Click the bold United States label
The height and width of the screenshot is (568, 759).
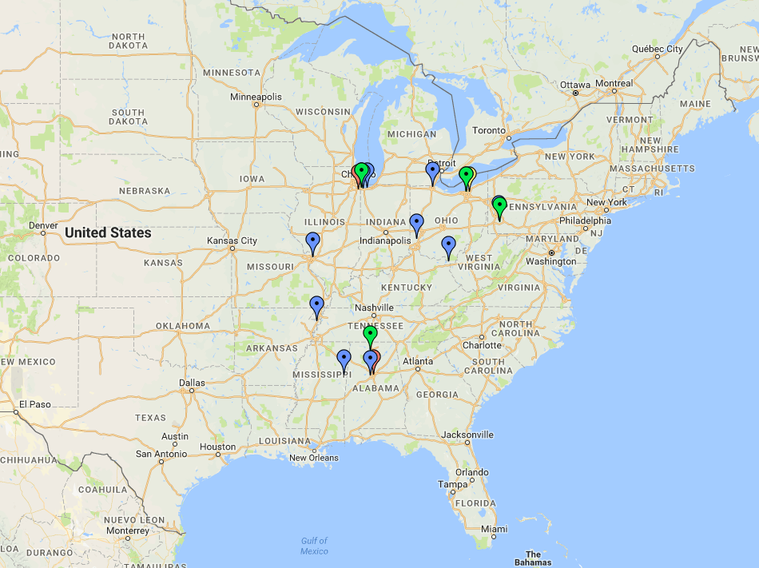pos(108,232)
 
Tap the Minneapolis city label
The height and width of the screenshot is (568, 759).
pos(256,97)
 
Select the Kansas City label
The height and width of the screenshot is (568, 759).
pos(232,240)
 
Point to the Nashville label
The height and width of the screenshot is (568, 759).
pos(374,308)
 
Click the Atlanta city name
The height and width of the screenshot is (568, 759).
pos(418,361)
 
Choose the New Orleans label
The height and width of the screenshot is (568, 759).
pos(313,458)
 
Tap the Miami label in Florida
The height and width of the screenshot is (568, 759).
pos(494,529)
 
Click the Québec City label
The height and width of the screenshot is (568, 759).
pos(658,49)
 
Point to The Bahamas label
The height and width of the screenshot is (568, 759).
pos(533,558)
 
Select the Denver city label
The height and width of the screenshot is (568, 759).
pos(43,225)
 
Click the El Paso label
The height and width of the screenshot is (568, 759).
pos(35,404)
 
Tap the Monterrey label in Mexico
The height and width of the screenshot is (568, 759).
pos(128,530)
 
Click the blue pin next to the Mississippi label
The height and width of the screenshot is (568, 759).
pos(344,359)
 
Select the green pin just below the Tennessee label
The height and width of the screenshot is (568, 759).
pos(370,335)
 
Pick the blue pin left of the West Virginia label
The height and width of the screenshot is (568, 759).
pos(448,245)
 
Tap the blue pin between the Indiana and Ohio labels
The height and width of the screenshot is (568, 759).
pos(416,223)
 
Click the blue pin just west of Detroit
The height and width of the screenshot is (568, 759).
pos(432,171)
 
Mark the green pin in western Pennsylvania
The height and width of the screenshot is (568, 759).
pos(500,206)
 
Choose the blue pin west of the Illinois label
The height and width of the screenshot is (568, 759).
pos(312,241)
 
